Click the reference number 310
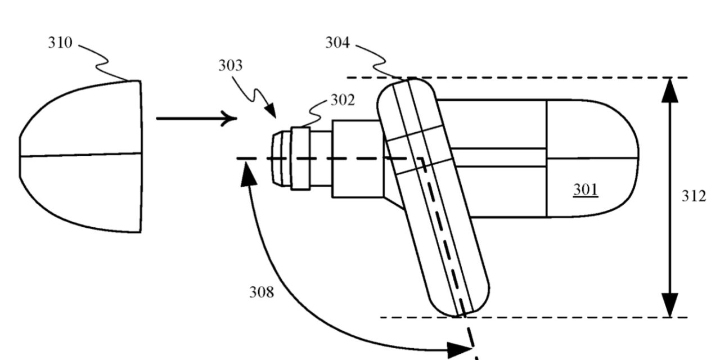(60, 43)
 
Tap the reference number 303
(231, 66)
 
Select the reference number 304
(337, 43)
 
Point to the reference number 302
(343, 100)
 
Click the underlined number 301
(586, 190)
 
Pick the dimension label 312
(694, 196)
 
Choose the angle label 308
(262, 292)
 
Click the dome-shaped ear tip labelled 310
(80, 156)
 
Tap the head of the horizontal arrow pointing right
(229, 119)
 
